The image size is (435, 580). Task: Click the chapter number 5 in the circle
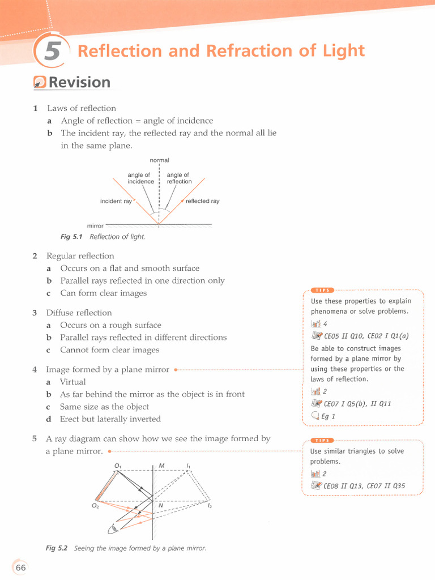pos(52,52)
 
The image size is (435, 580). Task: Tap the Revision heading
pos(79,83)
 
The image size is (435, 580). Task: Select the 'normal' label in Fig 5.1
pos(159,160)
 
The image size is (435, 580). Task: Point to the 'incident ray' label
pos(116,201)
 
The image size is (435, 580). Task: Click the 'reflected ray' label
pos(203,201)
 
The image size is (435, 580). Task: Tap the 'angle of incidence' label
pos(140,178)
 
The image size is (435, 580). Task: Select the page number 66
pos(21,568)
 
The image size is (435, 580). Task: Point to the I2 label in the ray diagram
pos(210,505)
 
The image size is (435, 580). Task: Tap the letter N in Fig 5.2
pos(161,505)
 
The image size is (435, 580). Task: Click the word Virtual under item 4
pos(73,382)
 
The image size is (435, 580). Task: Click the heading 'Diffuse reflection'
pos(79,313)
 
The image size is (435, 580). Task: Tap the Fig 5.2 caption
pos(126,548)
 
